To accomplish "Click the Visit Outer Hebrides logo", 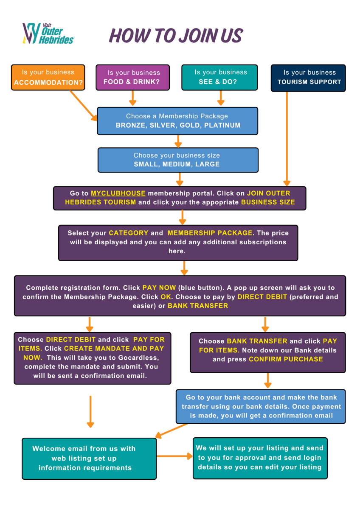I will click(48, 34).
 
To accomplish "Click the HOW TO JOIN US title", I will click(176, 36).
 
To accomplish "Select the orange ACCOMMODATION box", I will click(48, 77).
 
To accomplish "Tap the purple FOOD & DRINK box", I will click(133, 77).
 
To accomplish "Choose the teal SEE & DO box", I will click(219, 77).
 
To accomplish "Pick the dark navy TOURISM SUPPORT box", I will click(308, 78).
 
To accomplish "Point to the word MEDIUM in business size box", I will click(177, 164).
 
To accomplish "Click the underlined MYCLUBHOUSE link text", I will click(118, 193).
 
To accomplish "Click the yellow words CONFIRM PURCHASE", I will click(286, 359).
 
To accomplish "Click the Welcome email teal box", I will click(89, 458).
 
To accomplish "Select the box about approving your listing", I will click(260, 458).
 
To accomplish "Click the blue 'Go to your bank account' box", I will click(261, 406).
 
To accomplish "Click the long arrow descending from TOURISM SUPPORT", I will click(287, 138).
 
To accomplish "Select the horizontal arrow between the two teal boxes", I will click(174, 456).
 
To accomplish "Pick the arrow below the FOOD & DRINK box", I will click(132, 98).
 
